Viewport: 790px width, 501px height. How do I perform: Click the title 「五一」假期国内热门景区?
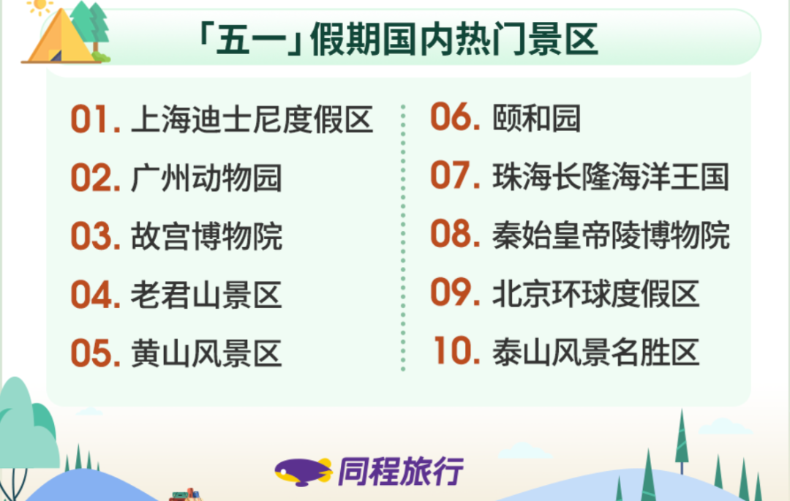398,39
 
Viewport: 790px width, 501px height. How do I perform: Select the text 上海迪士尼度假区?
252,119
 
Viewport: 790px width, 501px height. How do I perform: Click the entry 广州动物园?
206,178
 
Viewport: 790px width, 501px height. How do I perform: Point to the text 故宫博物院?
206,236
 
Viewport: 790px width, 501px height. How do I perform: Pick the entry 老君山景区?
206,295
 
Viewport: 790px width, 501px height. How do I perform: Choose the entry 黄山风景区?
206,353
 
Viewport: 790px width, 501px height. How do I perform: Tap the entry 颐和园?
537,118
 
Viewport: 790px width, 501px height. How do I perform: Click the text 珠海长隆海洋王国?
611,177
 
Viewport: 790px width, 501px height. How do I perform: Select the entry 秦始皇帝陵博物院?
611,236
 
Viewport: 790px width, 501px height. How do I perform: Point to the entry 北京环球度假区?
596,293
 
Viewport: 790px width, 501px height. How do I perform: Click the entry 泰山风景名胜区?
596,352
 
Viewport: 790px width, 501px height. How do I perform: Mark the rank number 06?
455,117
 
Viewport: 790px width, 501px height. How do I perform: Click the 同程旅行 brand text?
401,471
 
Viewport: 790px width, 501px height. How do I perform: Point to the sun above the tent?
39,6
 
